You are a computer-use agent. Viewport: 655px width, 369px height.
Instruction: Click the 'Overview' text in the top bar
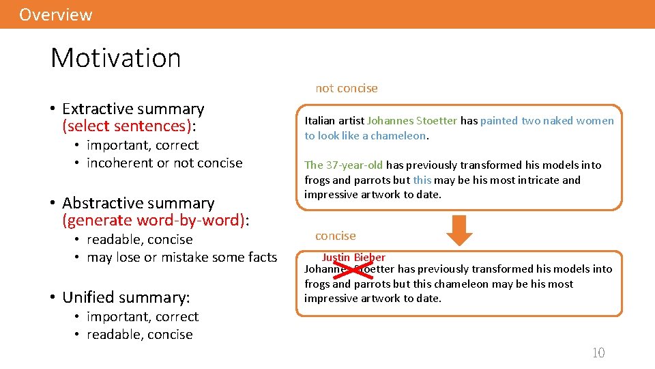[x=55, y=14]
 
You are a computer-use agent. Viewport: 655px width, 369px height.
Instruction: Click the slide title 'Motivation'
[x=115, y=57]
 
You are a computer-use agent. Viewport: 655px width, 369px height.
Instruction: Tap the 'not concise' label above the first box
[x=346, y=88]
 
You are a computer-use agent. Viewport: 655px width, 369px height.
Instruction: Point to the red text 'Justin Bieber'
[x=353, y=258]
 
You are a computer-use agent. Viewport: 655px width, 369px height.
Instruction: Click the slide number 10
[x=598, y=353]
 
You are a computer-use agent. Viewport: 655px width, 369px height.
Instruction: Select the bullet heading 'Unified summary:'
[x=126, y=297]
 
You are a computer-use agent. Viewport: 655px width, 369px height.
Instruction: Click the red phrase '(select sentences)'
[x=127, y=126]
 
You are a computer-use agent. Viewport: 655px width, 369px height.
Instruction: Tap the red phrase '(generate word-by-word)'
[x=154, y=220]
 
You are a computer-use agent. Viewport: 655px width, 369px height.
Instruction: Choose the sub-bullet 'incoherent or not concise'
[x=164, y=163]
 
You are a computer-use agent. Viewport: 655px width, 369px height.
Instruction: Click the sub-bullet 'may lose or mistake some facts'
[x=181, y=257]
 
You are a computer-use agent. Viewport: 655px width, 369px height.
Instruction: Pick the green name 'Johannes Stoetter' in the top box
[x=412, y=121]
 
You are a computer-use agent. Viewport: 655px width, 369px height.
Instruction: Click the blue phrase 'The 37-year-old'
[x=343, y=165]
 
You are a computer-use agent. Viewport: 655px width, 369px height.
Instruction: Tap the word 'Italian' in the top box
[x=320, y=121]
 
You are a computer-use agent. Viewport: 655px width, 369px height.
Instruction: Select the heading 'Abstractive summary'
[x=138, y=203]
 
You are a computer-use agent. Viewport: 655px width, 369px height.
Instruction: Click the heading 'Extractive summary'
[x=133, y=109]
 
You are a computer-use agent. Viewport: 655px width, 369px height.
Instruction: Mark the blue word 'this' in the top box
[x=422, y=180]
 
